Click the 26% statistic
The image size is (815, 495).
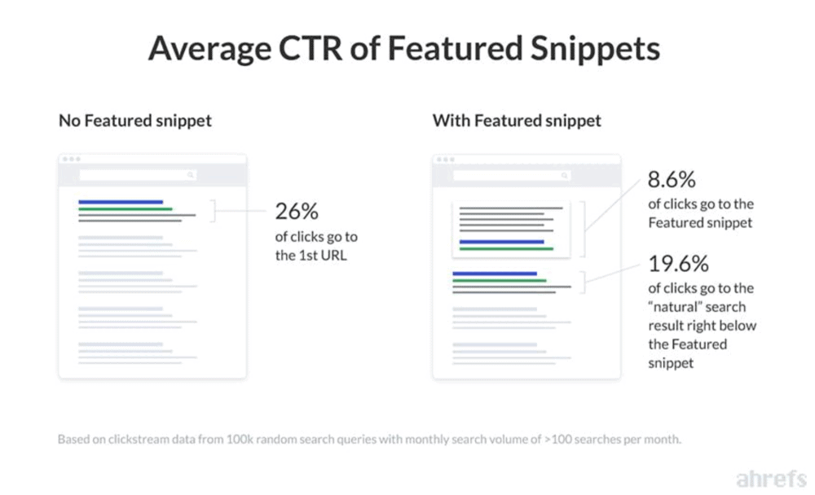coord(297,212)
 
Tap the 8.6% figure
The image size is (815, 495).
coord(672,181)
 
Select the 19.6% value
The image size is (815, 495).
coord(679,264)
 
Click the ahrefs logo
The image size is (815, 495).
coord(770,478)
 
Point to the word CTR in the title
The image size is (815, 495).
coord(312,49)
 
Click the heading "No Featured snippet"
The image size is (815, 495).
coord(135,120)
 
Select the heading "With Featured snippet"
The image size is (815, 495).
coord(517,120)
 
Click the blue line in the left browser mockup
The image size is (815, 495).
coord(121,202)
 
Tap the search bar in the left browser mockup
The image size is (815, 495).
coord(138,175)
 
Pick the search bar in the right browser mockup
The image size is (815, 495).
coord(511,175)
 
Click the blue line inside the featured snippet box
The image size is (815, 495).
coord(501,242)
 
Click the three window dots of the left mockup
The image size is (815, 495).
coord(71,160)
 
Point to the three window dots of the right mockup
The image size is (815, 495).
coord(445,160)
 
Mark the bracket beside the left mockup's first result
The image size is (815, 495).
coord(213,212)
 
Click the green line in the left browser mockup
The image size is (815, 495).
coord(125,209)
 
